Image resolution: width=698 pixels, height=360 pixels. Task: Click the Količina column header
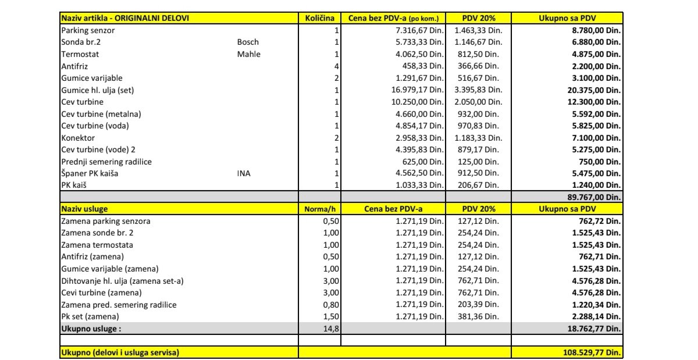[319, 18]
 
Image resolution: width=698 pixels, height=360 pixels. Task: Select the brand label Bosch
[248, 42]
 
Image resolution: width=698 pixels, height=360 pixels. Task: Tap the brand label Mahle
[249, 54]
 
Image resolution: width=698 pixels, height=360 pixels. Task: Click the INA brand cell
[244, 173]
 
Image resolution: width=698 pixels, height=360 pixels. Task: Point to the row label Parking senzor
[88, 30]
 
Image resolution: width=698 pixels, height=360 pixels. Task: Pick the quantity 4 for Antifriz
[336, 66]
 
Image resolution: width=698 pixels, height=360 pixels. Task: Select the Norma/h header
[319, 209]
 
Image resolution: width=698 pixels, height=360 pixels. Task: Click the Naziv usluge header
[84, 209]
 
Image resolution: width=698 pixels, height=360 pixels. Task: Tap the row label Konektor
[78, 138]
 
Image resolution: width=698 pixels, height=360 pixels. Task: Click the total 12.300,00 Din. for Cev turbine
[596, 102]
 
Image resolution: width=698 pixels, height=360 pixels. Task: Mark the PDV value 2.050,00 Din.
[478, 102]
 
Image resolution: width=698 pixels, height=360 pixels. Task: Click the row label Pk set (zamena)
[90, 316]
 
